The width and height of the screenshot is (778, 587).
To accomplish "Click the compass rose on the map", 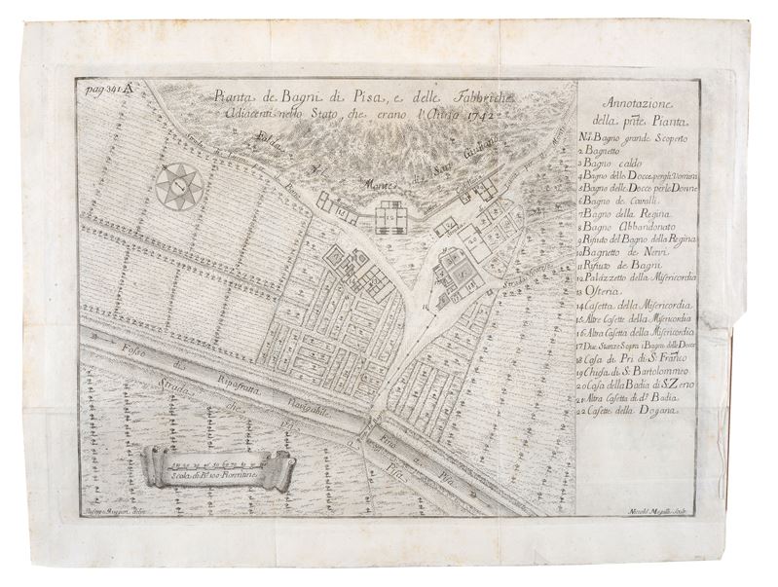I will (177, 185).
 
